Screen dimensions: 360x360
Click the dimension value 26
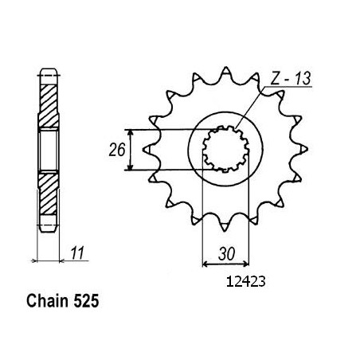tap(117, 150)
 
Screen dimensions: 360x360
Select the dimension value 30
tap(226, 254)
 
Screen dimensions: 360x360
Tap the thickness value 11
tap(77, 252)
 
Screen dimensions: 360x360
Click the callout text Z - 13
tap(291, 78)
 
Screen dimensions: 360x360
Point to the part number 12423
tap(245, 282)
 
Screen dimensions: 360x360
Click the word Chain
tap(47, 301)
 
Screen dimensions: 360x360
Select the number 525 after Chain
tap(86, 302)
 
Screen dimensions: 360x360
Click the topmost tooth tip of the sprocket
tap(225, 68)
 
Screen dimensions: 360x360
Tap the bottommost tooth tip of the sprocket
tap(225, 230)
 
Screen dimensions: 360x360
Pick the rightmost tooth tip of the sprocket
tap(307, 149)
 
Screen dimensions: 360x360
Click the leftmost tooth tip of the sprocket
tap(143, 150)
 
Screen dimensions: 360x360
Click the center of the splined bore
tap(225, 149)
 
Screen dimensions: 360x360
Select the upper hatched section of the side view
tap(49, 106)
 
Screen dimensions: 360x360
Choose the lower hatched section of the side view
tap(49, 194)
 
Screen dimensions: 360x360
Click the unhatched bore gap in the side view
tap(49, 150)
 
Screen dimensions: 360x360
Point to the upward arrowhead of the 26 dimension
tap(130, 132)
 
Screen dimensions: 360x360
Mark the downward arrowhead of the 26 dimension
tap(130, 167)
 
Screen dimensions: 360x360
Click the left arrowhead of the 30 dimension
tap(205, 264)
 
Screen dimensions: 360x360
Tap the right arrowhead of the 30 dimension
tap(246, 264)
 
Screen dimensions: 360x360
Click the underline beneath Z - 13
tap(288, 87)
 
